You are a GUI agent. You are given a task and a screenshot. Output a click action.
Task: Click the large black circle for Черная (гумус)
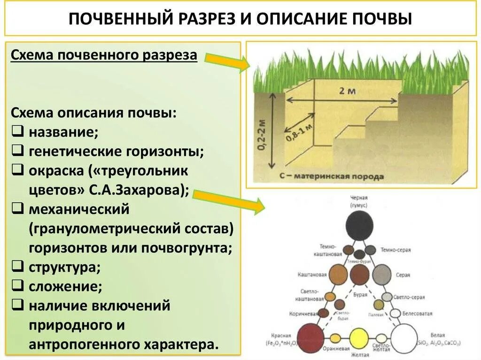click(359, 226)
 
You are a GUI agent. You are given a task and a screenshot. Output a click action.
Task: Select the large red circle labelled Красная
click(310, 337)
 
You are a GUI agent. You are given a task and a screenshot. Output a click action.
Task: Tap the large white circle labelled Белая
click(404, 337)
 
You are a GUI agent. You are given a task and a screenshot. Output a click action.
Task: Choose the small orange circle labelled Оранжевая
click(335, 338)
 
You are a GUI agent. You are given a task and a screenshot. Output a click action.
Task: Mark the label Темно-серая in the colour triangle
click(396, 250)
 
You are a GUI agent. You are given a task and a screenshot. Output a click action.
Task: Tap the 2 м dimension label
click(347, 91)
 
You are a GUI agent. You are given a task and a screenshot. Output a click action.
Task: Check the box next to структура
click(16, 266)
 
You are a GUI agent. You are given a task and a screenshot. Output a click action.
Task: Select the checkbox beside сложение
click(16, 284)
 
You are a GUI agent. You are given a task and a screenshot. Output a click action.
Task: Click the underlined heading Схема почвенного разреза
click(104, 56)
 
